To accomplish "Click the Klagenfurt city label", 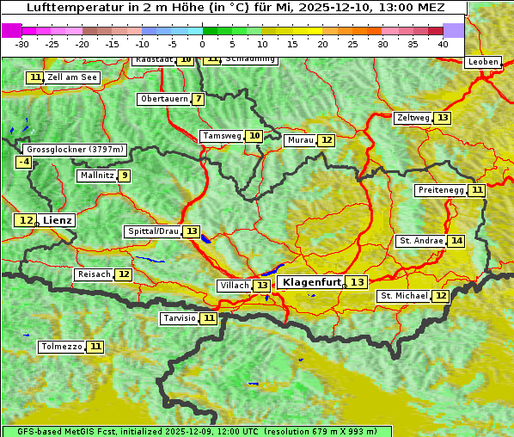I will tap(310, 282).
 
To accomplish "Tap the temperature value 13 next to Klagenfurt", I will tap(357, 282).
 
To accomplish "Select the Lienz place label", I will tap(58, 220).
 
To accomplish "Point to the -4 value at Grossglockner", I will tap(24, 162).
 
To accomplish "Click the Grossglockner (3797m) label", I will tap(76, 149).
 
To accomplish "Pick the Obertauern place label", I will tap(163, 99).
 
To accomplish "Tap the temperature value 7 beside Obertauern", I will tap(199, 99).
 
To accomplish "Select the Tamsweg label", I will tap(222, 136).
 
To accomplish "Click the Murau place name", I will tap(300, 140).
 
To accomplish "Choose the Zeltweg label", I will tap(413, 118).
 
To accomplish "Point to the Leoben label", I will tap(482, 62).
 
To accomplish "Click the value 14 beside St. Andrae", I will tap(456, 241).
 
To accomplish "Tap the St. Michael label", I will tap(404, 296).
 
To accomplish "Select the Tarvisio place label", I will tap(180, 318).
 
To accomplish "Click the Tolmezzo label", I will tap(62, 347).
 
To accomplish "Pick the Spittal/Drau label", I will tap(152, 231).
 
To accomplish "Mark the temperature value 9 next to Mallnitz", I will tap(125, 175).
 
